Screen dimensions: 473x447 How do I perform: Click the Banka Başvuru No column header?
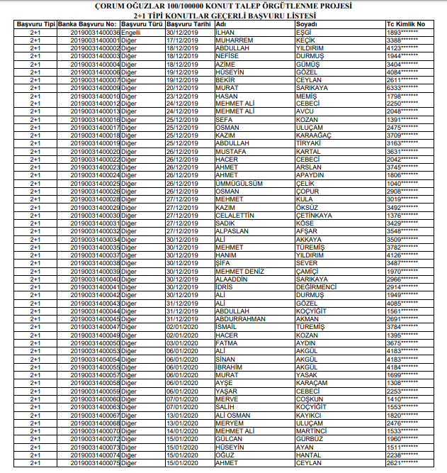click(x=87, y=24)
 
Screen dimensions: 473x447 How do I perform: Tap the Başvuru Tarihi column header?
click(x=187, y=24)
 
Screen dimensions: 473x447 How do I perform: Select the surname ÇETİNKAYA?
click(x=314, y=215)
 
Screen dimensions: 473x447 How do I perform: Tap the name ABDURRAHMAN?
click(x=244, y=318)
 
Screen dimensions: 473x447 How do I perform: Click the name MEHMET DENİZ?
click(x=239, y=271)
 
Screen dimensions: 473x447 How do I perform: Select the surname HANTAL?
click(x=308, y=455)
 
